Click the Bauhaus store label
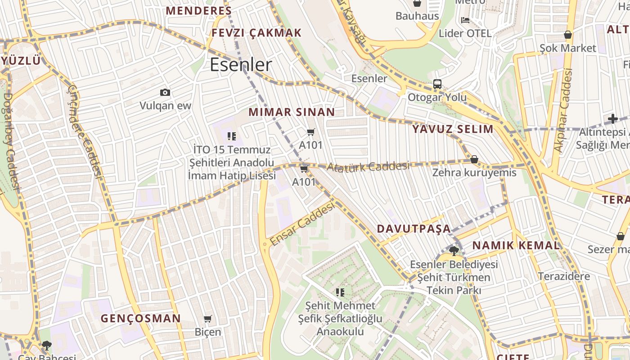(417, 16)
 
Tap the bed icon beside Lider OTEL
(465, 20)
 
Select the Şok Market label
(568, 48)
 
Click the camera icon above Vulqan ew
(165, 93)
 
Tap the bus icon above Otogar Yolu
(437, 84)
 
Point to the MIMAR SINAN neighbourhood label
(292, 112)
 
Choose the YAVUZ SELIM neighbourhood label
(453, 129)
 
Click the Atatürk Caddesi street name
(368, 166)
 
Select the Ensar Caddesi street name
(303, 224)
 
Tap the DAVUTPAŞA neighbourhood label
(414, 229)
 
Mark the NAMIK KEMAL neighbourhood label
(516, 245)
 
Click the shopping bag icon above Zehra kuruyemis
(474, 160)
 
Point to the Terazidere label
(564, 276)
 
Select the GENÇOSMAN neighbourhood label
(140, 319)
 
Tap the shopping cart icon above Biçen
(207, 319)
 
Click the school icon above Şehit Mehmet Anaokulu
(340, 292)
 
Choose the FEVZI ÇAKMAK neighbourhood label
(256, 33)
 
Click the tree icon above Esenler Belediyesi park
(454, 251)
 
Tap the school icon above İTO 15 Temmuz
(232, 136)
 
